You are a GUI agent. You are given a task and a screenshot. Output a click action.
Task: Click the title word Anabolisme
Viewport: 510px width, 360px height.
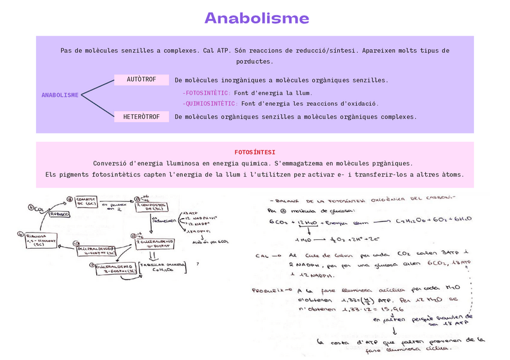point(257,18)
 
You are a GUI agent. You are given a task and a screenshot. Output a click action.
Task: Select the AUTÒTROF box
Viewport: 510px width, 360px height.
point(141,80)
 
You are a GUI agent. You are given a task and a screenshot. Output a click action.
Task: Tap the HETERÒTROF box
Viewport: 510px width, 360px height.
point(141,117)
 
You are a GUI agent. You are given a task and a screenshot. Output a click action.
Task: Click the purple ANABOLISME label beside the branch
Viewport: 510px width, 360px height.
point(60,95)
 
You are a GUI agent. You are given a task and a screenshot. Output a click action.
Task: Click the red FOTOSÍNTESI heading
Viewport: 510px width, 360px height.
point(255,152)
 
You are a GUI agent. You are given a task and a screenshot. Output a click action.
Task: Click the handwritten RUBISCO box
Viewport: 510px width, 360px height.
point(59,214)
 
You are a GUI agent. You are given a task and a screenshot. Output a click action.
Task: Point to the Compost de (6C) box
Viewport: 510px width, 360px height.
point(87,203)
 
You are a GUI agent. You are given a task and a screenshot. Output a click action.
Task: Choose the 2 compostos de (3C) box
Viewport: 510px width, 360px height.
point(150,206)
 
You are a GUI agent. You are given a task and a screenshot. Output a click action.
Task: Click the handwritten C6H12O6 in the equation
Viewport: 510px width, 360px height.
point(409,221)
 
